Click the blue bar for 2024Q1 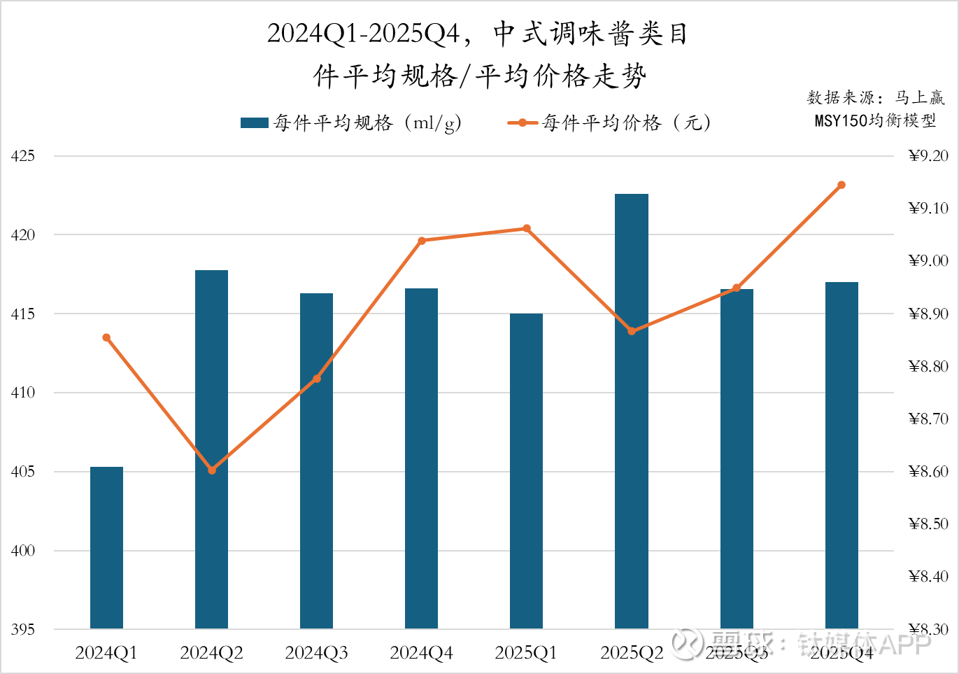106,547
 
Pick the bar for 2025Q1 526,470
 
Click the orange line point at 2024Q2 212,470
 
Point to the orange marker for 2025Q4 841,185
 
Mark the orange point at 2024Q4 422,241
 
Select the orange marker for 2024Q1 106,337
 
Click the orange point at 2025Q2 632,331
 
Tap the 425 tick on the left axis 23,156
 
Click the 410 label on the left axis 23,393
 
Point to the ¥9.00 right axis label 928,261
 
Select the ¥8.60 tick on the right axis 928,472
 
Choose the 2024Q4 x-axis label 421,653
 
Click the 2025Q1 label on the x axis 526,653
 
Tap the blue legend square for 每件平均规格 254,123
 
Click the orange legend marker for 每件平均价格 523,123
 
